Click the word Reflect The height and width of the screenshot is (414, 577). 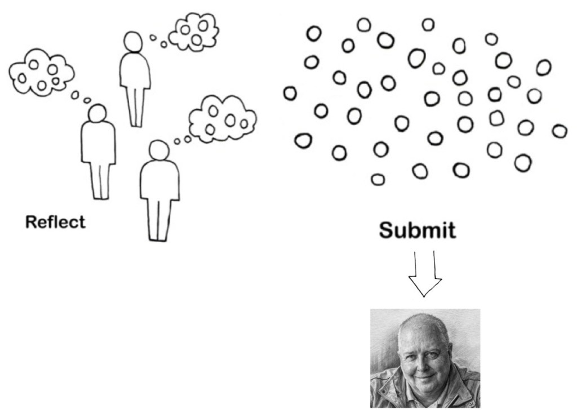(55, 222)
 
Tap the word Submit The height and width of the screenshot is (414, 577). (417, 230)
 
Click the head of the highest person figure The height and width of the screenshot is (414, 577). (133, 42)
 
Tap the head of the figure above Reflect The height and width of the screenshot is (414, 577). (97, 113)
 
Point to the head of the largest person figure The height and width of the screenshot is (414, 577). (158, 150)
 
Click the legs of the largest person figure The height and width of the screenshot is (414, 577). (159, 220)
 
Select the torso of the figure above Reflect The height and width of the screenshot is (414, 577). (98, 143)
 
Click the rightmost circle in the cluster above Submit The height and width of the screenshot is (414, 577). (559, 131)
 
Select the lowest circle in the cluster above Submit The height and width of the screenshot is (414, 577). (378, 179)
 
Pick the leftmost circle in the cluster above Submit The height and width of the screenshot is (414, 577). (290, 93)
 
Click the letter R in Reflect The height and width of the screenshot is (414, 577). (31, 222)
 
